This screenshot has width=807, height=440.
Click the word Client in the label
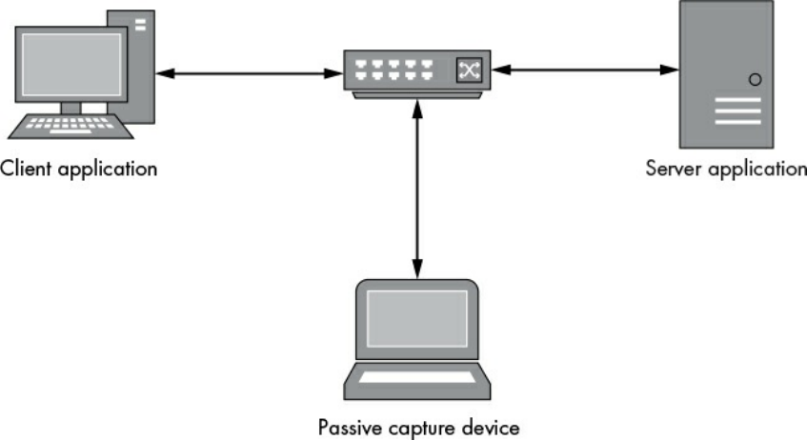click(25, 170)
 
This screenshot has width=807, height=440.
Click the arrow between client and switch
click(250, 73)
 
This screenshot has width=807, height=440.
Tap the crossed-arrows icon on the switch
click(469, 69)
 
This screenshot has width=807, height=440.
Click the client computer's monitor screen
click(71, 66)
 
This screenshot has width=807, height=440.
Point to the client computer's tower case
click(138, 67)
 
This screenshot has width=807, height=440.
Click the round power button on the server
click(755, 80)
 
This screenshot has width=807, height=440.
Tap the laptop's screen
click(417, 318)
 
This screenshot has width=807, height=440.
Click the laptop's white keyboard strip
click(417, 377)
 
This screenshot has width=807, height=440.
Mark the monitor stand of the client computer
click(71, 107)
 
